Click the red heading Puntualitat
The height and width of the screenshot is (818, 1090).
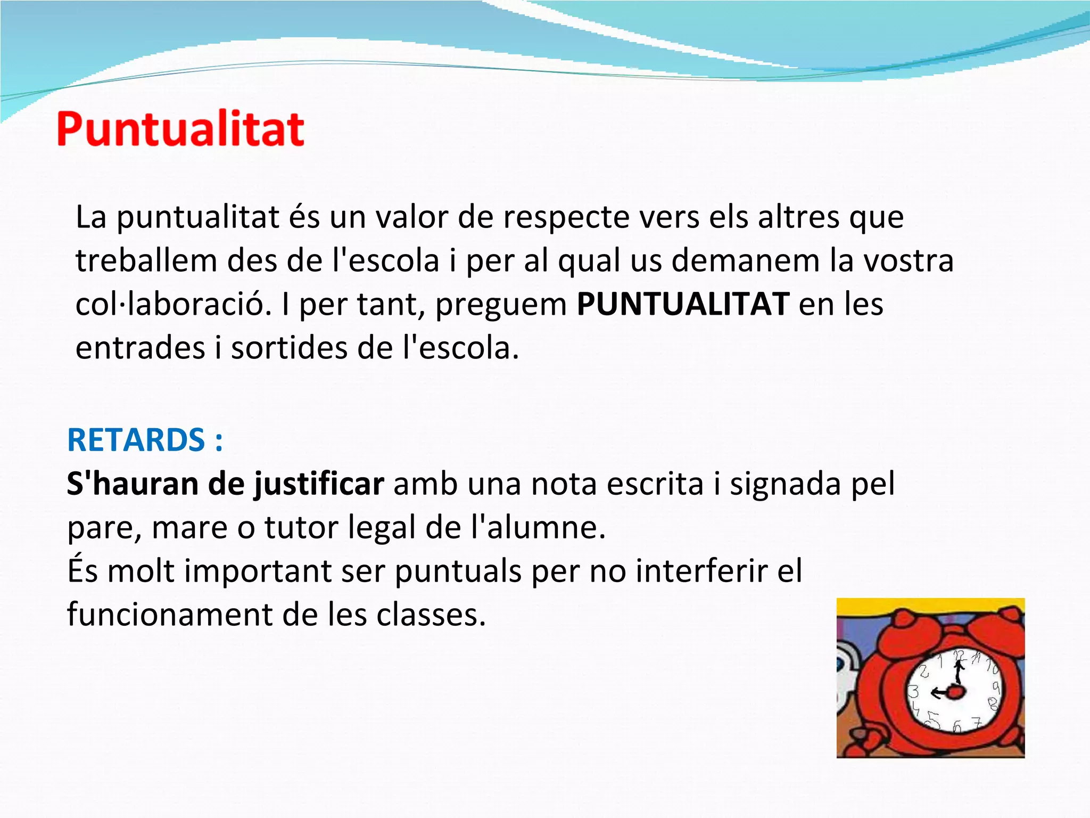coord(180,129)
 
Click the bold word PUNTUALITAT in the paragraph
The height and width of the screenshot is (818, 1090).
coord(683,305)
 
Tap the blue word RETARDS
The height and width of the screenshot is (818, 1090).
coord(136,440)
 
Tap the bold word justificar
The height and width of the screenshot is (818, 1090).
coord(318,485)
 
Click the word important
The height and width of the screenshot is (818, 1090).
coord(258,571)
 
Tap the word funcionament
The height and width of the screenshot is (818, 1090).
coord(170,615)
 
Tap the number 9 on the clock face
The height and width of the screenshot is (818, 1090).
coord(996,688)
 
